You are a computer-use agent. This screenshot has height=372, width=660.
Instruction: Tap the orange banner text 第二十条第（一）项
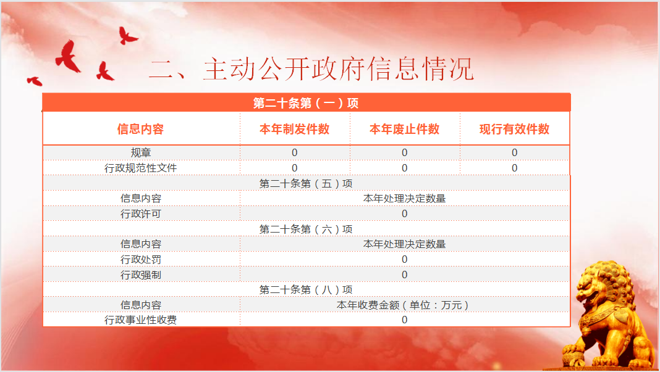click(305, 103)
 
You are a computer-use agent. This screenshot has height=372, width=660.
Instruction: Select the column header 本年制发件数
click(295, 129)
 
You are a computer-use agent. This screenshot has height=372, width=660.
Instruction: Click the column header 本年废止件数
click(405, 129)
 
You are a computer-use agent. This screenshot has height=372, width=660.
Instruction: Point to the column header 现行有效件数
click(514, 129)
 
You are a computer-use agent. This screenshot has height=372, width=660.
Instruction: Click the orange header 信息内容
click(140, 129)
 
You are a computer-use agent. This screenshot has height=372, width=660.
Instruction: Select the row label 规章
click(140, 152)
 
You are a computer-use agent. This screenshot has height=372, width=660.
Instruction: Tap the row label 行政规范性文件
click(140, 168)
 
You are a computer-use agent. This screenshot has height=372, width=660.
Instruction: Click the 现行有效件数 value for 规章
click(514, 152)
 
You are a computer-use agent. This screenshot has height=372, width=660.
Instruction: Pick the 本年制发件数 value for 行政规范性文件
click(295, 168)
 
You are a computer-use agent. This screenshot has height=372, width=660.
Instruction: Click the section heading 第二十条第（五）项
click(306, 184)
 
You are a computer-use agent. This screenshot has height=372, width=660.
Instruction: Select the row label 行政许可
click(140, 214)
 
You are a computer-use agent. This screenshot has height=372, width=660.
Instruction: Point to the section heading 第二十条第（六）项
click(306, 229)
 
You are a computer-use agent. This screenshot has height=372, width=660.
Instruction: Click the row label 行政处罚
click(140, 260)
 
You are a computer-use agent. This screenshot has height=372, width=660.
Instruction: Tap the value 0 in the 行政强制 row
click(405, 275)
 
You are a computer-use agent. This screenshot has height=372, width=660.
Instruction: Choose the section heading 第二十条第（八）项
click(306, 289)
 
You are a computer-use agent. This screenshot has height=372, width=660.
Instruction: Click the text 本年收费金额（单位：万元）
click(403, 305)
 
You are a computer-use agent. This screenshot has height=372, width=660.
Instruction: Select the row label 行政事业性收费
click(140, 320)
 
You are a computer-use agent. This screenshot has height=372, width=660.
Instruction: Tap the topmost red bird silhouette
click(127, 36)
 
